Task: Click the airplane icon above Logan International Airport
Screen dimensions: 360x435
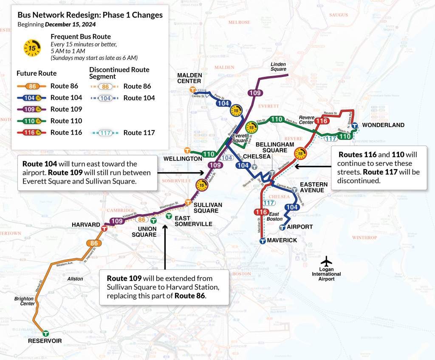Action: click(x=326, y=260)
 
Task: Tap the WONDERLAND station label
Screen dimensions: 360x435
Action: click(x=383, y=125)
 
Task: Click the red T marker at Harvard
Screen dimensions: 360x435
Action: click(x=104, y=229)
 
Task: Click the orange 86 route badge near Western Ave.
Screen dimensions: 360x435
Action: click(x=94, y=244)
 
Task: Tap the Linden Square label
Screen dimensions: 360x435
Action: click(x=278, y=67)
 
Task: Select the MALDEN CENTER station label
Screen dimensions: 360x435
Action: click(x=189, y=78)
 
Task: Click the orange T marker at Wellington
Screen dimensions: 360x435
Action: click(x=187, y=150)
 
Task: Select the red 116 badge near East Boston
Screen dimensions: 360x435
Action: click(x=261, y=212)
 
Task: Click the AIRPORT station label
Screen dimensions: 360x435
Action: click(x=300, y=227)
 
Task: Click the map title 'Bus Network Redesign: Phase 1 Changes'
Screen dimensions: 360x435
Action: click(x=90, y=15)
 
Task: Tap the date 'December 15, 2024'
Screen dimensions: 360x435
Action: click(x=70, y=25)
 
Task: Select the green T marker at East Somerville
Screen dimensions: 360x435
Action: click(x=169, y=216)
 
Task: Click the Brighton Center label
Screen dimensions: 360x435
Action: click(x=24, y=301)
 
